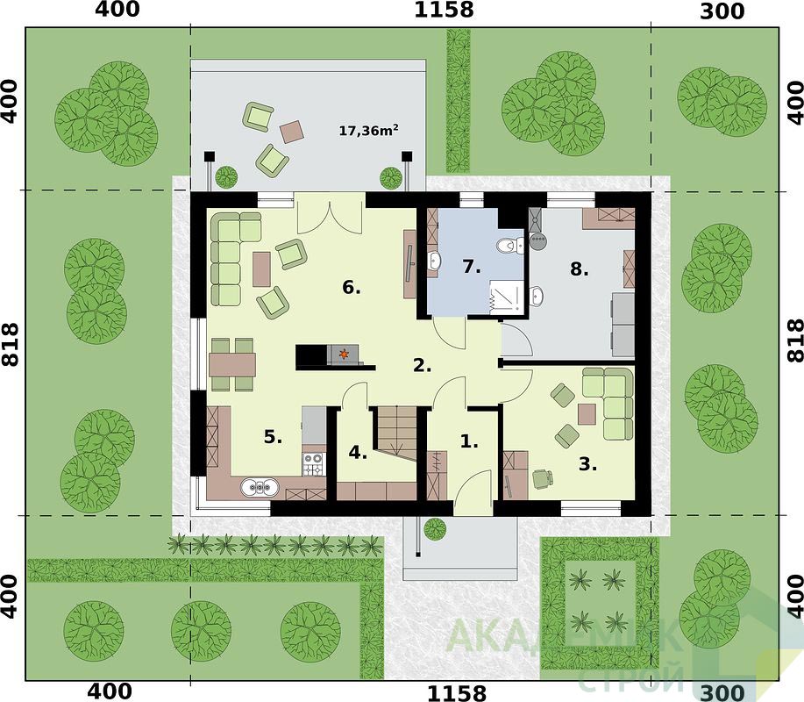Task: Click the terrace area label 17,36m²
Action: point(368,131)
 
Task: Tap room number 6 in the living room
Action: point(352,288)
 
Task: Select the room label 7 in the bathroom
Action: point(471,267)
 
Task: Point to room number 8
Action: point(579,269)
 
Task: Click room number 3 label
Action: point(587,464)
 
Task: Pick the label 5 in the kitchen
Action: point(273,437)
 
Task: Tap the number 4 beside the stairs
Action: point(358,453)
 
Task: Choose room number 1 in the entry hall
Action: point(469,441)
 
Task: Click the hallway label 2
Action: point(422,366)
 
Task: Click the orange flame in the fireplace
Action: point(343,354)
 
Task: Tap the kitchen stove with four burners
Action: point(313,464)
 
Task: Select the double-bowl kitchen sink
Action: point(260,487)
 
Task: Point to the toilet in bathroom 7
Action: point(509,246)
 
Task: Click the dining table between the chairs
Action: point(232,364)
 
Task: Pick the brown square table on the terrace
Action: point(292,132)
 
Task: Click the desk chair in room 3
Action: point(543,478)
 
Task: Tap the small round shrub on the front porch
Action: point(435,529)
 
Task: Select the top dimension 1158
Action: point(444,10)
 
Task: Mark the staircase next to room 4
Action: point(397,431)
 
